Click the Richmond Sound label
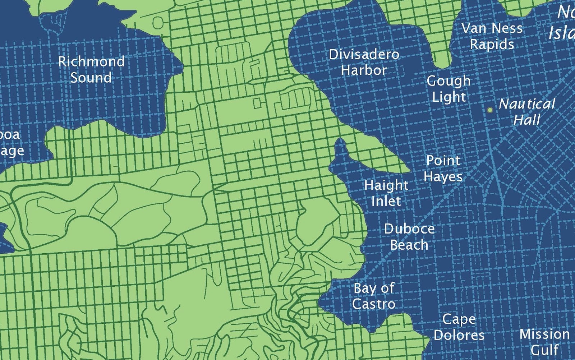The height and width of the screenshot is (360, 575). pyautogui.click(x=91, y=69)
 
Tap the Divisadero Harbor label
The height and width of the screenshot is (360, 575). pyautogui.click(x=364, y=62)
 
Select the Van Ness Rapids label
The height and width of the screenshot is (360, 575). pyautogui.click(x=492, y=36)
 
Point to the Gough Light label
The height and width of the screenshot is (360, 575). pyautogui.click(x=448, y=89)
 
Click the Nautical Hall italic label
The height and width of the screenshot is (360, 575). pyautogui.click(x=527, y=112)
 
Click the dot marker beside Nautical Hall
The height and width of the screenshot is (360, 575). pyautogui.click(x=489, y=110)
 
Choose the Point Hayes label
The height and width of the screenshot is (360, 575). pyautogui.click(x=443, y=169)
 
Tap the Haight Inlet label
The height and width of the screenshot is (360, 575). pyautogui.click(x=386, y=193)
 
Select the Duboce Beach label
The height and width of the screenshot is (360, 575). pyautogui.click(x=409, y=237)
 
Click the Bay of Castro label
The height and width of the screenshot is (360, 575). pyautogui.click(x=374, y=296)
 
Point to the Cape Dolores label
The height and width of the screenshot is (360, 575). pyautogui.click(x=459, y=327)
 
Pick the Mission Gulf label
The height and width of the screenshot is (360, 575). pyautogui.click(x=544, y=342)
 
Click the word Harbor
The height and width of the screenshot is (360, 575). pyautogui.click(x=364, y=70)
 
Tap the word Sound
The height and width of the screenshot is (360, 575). pyautogui.click(x=91, y=78)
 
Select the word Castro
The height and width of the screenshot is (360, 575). pyautogui.click(x=374, y=304)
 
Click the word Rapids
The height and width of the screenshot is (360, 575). pyautogui.click(x=492, y=45)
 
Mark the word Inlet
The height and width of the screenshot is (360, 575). pyautogui.click(x=386, y=201)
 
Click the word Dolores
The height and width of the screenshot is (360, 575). pyautogui.click(x=459, y=335)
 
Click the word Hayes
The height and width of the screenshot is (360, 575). pyautogui.click(x=443, y=177)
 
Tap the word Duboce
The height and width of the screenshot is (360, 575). pyautogui.click(x=409, y=229)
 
